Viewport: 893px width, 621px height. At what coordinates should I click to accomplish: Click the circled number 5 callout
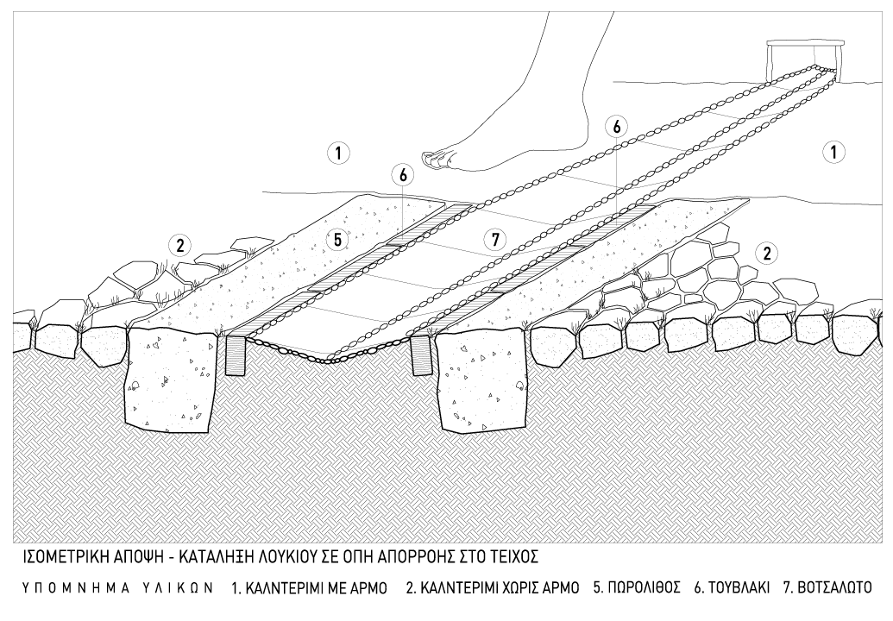click(x=338, y=240)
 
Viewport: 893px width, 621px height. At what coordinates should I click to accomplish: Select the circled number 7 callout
click(x=495, y=241)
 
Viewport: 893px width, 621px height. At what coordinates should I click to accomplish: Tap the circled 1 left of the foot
click(x=337, y=154)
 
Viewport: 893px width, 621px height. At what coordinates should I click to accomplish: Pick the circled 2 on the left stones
click(x=179, y=245)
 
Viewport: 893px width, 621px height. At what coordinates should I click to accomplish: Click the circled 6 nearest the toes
click(x=402, y=174)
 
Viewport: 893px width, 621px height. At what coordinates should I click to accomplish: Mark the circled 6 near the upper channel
click(x=616, y=126)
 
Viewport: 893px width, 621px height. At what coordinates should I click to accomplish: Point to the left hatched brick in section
click(x=236, y=355)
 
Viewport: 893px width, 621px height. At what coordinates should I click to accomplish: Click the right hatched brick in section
click(x=420, y=355)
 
